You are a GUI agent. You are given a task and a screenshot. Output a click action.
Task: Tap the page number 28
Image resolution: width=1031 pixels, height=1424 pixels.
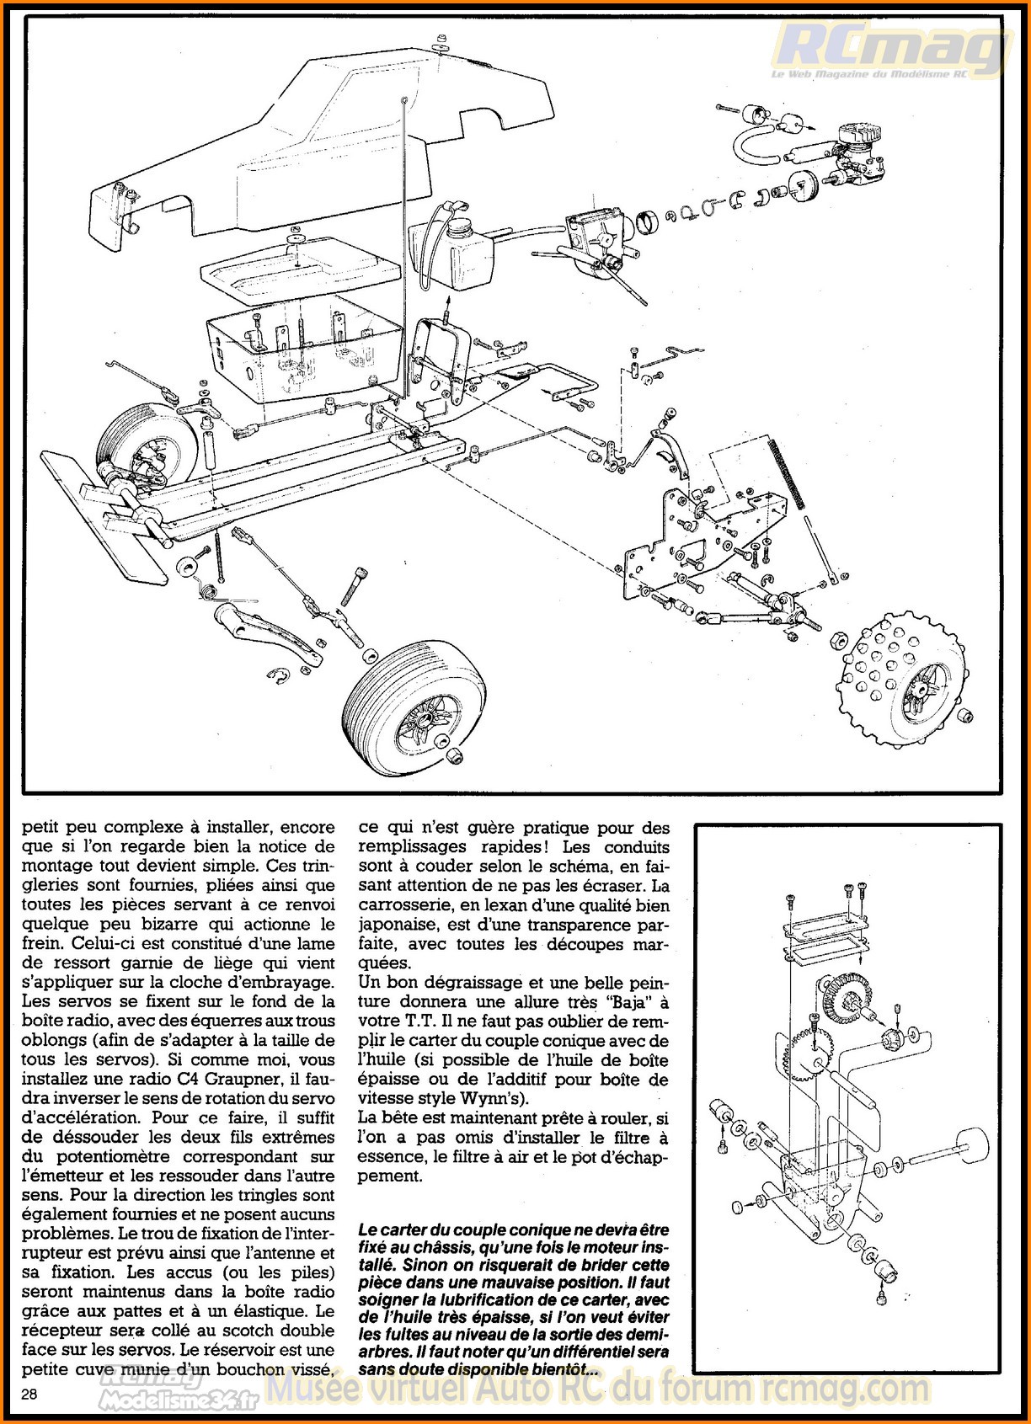click(x=29, y=1395)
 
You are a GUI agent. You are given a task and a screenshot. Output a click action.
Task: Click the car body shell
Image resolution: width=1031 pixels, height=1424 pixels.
click(x=320, y=143)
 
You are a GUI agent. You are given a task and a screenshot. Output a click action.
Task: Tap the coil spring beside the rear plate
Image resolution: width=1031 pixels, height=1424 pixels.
click(x=787, y=472)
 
